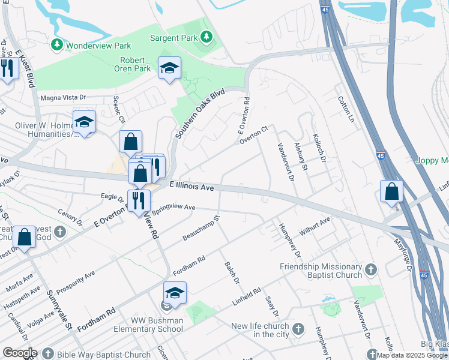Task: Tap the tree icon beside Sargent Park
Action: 206,38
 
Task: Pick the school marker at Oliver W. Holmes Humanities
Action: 84,123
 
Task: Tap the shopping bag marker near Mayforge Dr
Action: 391,192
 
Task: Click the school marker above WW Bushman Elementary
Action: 175,294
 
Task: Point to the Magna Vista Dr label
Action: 63,97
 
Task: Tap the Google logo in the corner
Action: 20,353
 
